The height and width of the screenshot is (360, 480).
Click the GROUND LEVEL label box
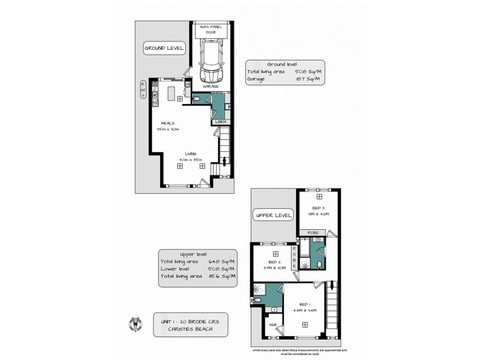163,47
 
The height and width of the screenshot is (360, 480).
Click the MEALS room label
167,123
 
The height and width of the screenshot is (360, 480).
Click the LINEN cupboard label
220,122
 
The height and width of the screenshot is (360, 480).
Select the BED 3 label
319,208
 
